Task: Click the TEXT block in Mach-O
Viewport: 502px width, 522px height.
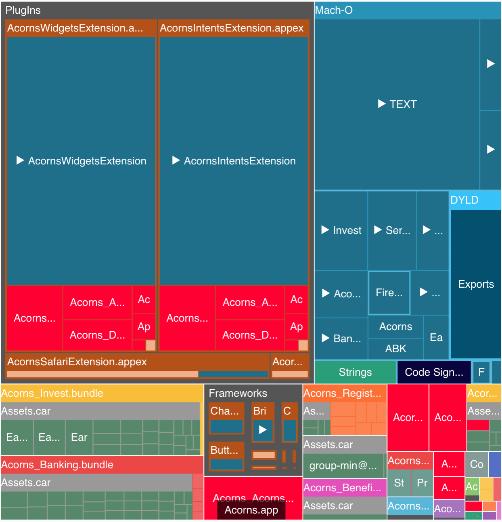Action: [x=397, y=104]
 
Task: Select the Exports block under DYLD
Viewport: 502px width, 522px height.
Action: [x=476, y=284]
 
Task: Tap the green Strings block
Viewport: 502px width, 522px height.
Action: [x=355, y=372]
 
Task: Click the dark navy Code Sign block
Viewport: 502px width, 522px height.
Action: [x=434, y=372]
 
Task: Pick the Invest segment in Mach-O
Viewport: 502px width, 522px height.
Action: [x=341, y=230]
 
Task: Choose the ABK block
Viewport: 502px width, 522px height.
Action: [x=395, y=349]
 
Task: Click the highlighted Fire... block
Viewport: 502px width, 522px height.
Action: [x=389, y=293]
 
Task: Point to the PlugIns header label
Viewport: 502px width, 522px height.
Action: [x=23, y=10]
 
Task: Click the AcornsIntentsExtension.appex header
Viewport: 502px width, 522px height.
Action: [x=232, y=28]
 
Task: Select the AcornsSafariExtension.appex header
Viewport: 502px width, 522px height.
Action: [x=77, y=362]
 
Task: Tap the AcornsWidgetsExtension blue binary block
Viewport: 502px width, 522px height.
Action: [x=81, y=161]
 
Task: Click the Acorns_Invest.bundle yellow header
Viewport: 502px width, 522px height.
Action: [x=52, y=393]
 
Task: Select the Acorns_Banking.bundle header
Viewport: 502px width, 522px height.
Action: [x=57, y=465]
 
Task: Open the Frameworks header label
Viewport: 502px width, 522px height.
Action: [x=238, y=393]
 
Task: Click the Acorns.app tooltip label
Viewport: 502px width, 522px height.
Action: [x=251, y=510]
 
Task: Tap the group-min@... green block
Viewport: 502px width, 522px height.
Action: [x=343, y=465]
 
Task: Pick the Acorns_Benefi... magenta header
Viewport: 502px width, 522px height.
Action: [x=342, y=488]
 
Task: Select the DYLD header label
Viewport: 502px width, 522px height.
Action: [x=464, y=200]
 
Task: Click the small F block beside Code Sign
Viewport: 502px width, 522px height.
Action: [x=481, y=372]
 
